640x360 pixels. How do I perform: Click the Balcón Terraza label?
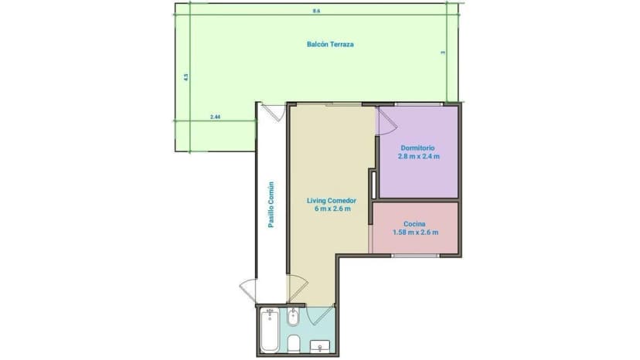(x=330, y=44)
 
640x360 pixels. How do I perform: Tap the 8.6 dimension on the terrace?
(x=316, y=11)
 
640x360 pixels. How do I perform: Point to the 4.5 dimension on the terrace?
(x=186, y=77)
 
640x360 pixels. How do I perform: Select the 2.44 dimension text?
(x=216, y=117)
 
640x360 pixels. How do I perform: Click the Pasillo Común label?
(x=271, y=205)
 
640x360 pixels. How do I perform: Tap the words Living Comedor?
(x=330, y=201)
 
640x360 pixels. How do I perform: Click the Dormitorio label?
(x=417, y=148)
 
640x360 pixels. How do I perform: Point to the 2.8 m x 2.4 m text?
(x=417, y=156)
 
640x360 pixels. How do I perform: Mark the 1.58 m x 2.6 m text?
(x=415, y=232)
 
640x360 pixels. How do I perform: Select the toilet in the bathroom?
(x=294, y=342)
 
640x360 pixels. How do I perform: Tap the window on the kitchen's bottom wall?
(x=415, y=254)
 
